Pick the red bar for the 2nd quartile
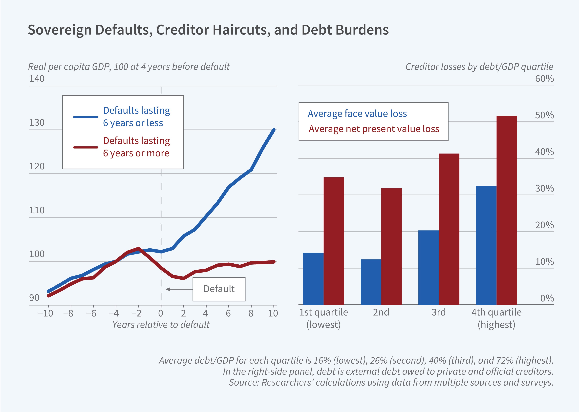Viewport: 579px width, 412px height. pos(391,246)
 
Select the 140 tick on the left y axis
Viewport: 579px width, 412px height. pos(37,79)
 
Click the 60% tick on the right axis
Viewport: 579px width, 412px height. pos(544,79)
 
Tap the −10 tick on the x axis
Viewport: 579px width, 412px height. pos(45,314)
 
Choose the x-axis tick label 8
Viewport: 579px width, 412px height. pos(251,314)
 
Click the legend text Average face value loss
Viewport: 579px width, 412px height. pos(357,114)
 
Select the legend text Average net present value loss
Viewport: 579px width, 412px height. pos(374,129)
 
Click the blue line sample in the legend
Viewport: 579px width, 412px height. pos(86,117)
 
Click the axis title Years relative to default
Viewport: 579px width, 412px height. pos(161,325)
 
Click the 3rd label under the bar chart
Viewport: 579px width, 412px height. pos(438,312)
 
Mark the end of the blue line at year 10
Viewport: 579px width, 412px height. pos(274,130)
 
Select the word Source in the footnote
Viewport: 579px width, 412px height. pos(243,382)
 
